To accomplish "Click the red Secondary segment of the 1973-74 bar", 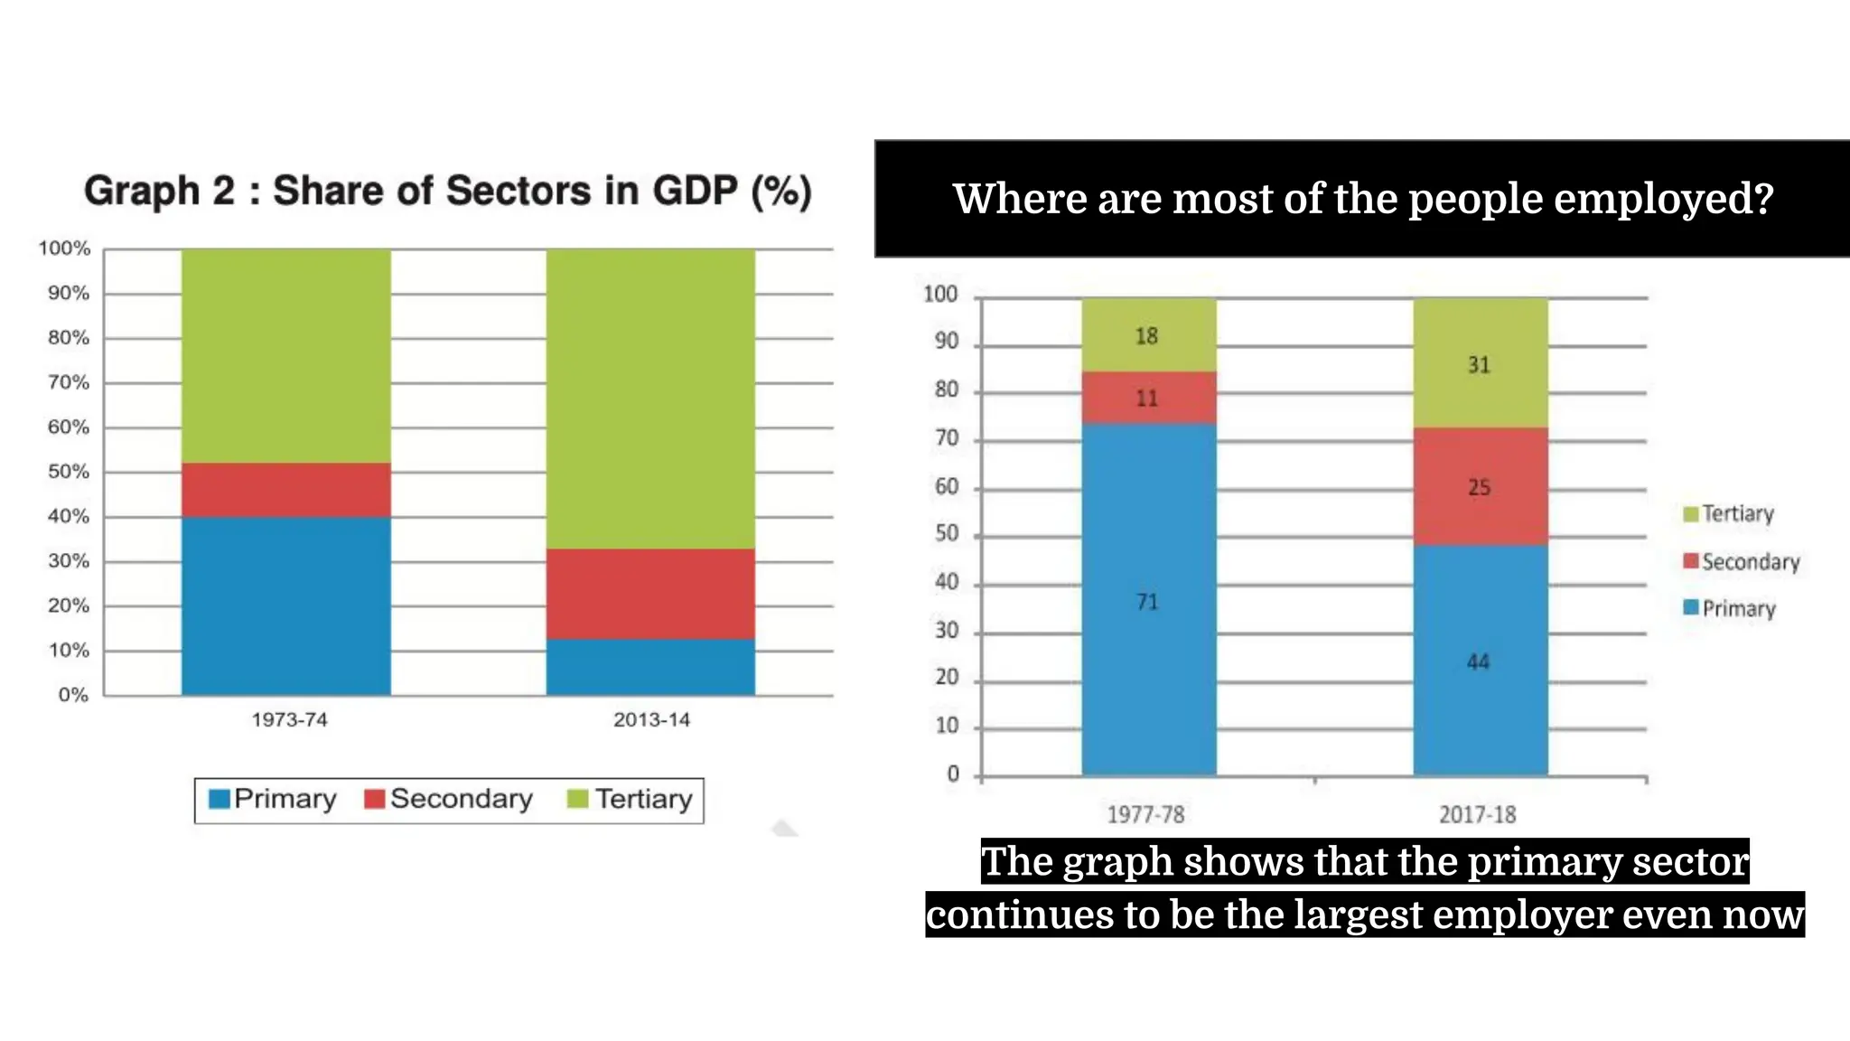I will pos(285,490).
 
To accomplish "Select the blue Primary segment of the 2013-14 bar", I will pos(650,667).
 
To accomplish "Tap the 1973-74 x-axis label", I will pos(289,720).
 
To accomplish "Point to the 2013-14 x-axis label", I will pos(651,720).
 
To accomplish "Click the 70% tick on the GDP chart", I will pos(69,382).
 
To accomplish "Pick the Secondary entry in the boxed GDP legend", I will pos(449,799).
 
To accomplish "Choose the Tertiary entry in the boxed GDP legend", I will pos(631,799).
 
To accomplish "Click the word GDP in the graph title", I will pos(695,191).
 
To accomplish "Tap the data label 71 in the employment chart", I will pos(1146,602).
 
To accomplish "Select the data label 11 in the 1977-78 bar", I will pos(1146,399).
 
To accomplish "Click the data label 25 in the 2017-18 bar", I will pos(1479,488).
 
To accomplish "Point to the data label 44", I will pos(1478,662).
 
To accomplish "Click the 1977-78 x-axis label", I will pos(1145,815).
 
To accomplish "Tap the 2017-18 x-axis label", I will pos(1477,815).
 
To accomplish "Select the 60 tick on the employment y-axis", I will pos(946,487).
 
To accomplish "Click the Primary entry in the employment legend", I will pos(1730,608).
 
